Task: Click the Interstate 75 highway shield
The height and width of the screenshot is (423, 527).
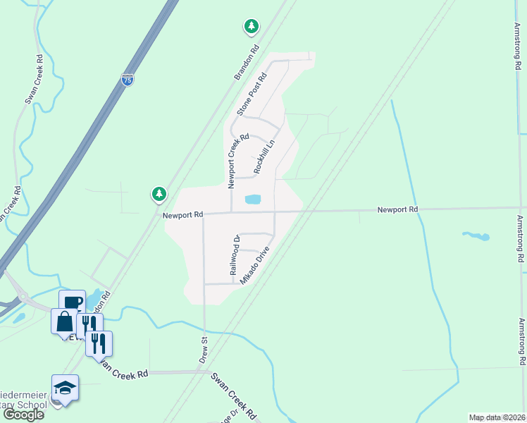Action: point(128,80)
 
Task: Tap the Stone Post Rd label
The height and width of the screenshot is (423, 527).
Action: point(254,94)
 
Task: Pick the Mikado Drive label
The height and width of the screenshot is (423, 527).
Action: point(255,264)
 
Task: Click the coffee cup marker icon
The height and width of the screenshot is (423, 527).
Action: point(72,302)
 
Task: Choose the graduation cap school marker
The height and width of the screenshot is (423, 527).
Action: point(66,388)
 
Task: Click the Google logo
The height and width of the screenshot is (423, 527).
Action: point(23,415)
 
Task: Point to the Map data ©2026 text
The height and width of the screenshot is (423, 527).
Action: point(496,417)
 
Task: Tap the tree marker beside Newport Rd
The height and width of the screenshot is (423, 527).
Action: point(159,193)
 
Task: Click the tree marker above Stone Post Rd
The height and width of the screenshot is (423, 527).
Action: point(251,27)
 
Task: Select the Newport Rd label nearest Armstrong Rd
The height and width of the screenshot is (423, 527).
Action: point(397,209)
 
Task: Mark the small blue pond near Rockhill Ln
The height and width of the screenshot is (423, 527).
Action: point(253,200)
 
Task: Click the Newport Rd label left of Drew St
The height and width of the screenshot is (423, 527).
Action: point(182,214)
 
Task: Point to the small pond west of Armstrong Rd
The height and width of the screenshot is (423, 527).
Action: point(476,235)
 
